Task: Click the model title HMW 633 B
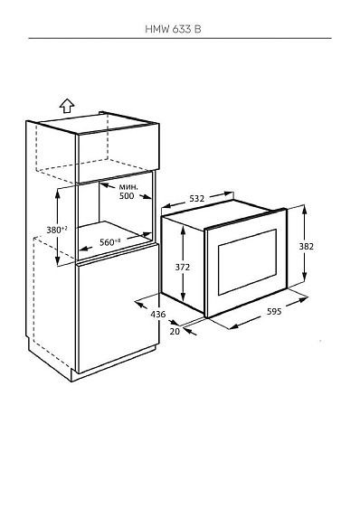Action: [173, 29]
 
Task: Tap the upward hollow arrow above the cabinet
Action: [67, 106]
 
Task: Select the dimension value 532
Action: [196, 198]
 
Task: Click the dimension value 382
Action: [307, 247]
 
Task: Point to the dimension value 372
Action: [183, 268]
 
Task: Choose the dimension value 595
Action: [274, 312]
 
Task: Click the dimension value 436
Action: [158, 315]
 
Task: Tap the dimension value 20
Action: [175, 332]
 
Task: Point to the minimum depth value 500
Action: [127, 196]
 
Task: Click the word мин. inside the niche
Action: [128, 187]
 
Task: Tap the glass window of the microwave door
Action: [247, 261]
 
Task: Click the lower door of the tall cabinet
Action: [118, 309]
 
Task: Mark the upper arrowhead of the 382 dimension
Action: [304, 209]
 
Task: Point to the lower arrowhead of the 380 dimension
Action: [58, 260]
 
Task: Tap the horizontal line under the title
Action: [180, 38]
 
